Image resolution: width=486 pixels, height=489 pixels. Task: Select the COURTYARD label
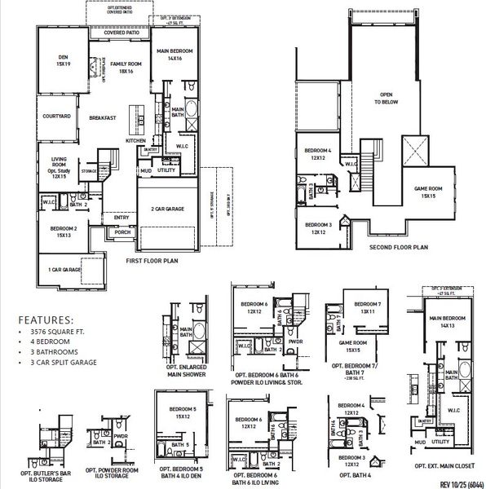[x=56, y=117]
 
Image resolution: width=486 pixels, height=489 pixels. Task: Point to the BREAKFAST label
[x=102, y=118]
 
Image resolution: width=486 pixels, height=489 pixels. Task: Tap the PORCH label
[x=122, y=232]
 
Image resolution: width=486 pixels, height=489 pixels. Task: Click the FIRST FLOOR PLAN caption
[x=152, y=262]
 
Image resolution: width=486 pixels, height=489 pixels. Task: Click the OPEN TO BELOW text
[x=384, y=98]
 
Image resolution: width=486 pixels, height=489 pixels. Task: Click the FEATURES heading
[x=46, y=320]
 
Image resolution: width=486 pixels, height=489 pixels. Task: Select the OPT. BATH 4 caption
[x=351, y=474]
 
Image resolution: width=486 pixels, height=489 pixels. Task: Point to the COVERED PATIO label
[x=120, y=33]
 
